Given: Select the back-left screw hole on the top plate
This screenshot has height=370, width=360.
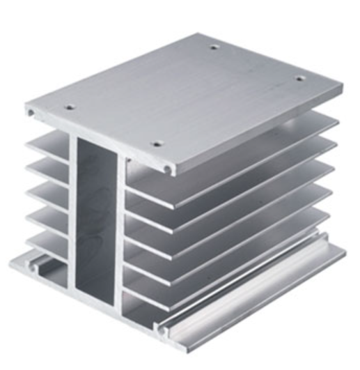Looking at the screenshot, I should [x=214, y=48].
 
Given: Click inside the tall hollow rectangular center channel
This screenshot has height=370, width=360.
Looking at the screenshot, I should [x=97, y=216].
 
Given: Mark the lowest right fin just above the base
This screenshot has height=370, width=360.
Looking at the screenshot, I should [x=230, y=261].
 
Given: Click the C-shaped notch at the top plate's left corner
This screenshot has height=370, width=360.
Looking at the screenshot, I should [x=31, y=111].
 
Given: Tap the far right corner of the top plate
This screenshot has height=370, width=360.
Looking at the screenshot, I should [x=341, y=89].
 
